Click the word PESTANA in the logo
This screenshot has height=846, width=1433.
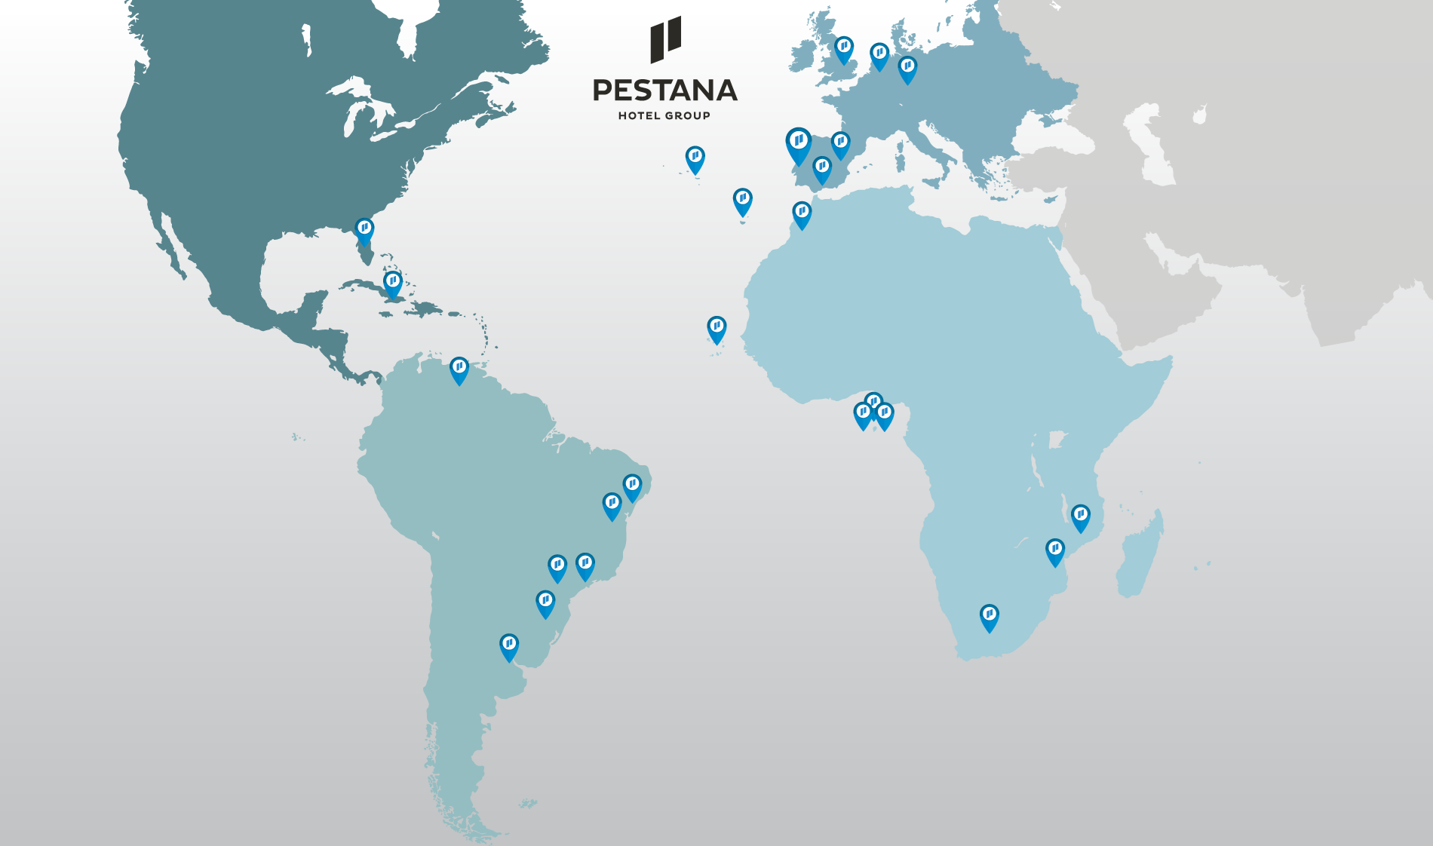(664, 90)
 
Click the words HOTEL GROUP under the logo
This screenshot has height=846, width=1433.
(664, 115)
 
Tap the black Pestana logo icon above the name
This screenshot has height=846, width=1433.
(665, 39)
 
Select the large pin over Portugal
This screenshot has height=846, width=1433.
(798, 143)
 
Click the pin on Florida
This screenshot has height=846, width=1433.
(364, 229)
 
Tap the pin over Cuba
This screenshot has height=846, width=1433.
(392, 283)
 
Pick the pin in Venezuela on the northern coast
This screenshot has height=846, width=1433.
(459, 368)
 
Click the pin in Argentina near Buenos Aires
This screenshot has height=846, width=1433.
(509, 645)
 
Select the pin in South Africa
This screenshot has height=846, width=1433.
(989, 616)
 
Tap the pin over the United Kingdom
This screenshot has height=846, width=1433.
(843, 48)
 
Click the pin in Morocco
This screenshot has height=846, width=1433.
(802, 213)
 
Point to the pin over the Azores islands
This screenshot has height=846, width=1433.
(695, 158)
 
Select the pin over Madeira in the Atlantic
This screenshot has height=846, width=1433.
(742, 200)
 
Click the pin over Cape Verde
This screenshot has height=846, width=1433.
(716, 328)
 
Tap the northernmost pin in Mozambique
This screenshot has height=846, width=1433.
(1080, 516)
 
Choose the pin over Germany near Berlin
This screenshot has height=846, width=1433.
(907, 68)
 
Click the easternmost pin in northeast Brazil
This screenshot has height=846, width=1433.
(632, 486)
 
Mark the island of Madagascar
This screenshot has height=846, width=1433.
(1141, 554)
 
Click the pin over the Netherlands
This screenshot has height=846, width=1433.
(879, 54)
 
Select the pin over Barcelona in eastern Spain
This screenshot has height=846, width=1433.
(840, 143)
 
